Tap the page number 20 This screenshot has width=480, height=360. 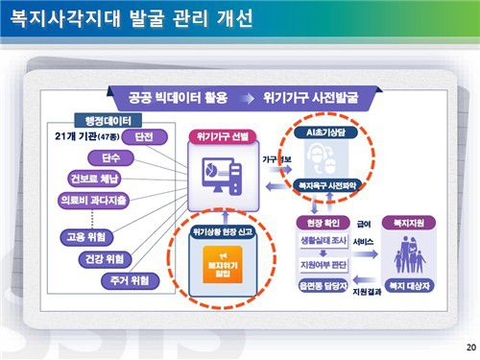click(x=469, y=347)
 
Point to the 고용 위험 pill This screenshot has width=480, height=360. click(x=87, y=236)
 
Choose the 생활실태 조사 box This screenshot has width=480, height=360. click(x=326, y=242)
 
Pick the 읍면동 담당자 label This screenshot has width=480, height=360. click(x=326, y=285)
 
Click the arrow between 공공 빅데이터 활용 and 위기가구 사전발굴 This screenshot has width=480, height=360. click(x=248, y=98)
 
